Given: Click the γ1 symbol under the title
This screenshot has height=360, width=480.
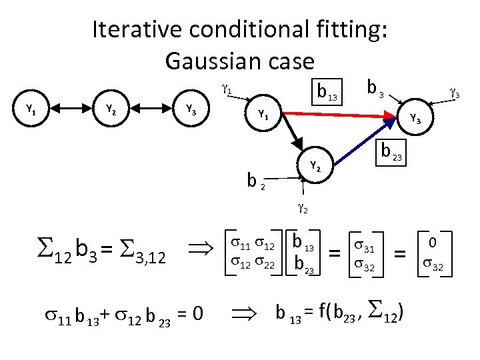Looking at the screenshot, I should coord(226,87).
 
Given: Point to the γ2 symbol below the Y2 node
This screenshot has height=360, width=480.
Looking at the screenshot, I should coord(302,208).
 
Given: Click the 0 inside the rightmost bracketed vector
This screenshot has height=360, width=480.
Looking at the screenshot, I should coord(433,242).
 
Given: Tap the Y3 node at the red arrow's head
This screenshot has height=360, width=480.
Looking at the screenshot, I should coord(415,119).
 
